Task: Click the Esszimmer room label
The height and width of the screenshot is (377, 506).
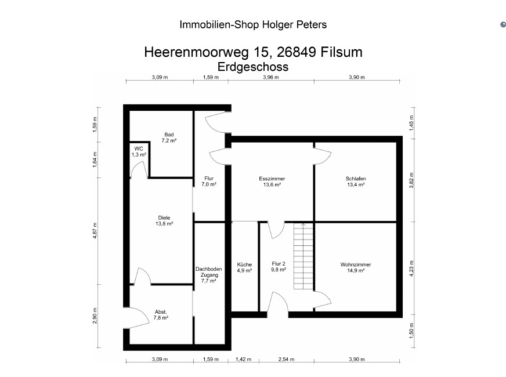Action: pos(272,178)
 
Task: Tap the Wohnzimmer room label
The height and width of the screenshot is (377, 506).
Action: pos(356,264)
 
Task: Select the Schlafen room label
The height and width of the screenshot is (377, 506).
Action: pos(356,178)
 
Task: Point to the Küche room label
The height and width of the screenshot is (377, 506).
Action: pos(244,264)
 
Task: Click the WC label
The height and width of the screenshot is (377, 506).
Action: pos(139,148)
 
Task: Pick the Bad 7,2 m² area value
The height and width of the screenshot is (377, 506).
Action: pos(169,140)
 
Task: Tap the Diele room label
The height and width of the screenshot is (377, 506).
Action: pos(164,217)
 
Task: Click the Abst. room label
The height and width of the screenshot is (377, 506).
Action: pos(161,312)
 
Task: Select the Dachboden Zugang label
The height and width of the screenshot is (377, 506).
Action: pos(209,272)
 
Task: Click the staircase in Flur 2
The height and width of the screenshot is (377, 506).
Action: pos(303,256)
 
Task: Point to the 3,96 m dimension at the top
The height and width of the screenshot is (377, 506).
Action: pos(271,77)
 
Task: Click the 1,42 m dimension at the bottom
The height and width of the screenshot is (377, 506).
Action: pos(243,359)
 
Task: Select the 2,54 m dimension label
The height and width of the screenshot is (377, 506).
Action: pos(287,359)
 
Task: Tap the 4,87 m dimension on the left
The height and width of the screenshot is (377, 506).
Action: pos(95,231)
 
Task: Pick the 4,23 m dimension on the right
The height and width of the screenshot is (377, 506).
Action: pos(411,269)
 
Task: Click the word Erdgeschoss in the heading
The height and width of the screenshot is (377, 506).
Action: pos(253,67)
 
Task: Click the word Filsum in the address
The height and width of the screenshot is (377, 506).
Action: pos(341,52)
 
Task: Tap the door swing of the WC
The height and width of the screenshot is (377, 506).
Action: pos(139,169)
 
